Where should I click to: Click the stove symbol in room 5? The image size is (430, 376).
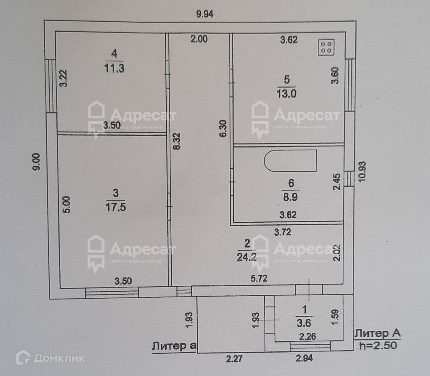(x=326, y=48)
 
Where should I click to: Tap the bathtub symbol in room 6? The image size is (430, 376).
(x=290, y=161)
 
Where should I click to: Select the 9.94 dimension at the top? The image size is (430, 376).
(x=205, y=14)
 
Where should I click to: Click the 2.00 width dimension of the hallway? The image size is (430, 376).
(x=199, y=40)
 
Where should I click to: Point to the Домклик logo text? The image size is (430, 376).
(x=59, y=358)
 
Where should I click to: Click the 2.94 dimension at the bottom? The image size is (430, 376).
(x=305, y=358)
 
